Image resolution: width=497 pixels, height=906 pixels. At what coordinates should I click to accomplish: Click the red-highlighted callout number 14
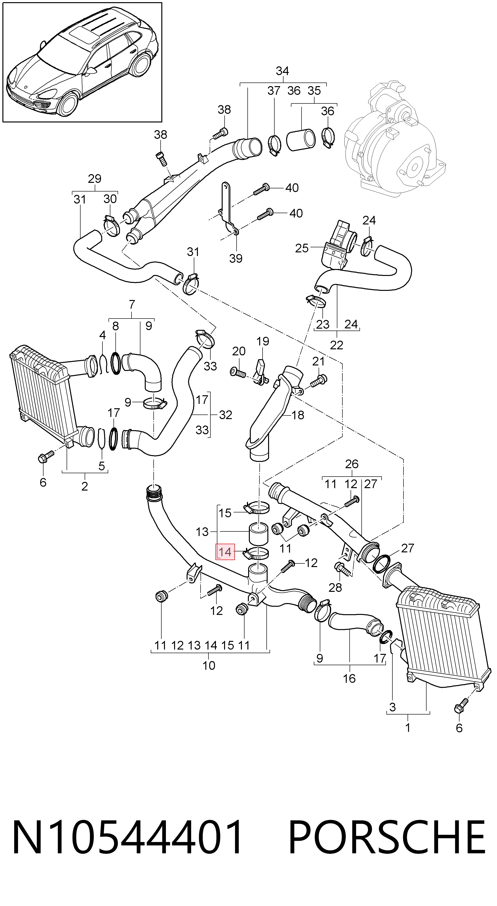pyautogui.click(x=225, y=552)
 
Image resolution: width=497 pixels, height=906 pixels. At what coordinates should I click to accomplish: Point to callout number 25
pyautogui.click(x=302, y=248)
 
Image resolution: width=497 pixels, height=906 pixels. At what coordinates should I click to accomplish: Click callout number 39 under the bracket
pyautogui.click(x=236, y=259)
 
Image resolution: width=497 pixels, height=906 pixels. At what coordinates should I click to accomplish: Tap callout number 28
pyautogui.click(x=335, y=587)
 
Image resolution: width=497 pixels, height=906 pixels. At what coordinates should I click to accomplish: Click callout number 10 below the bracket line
pyautogui.click(x=209, y=665)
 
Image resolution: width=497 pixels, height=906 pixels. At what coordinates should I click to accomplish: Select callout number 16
pyautogui.click(x=349, y=678)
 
